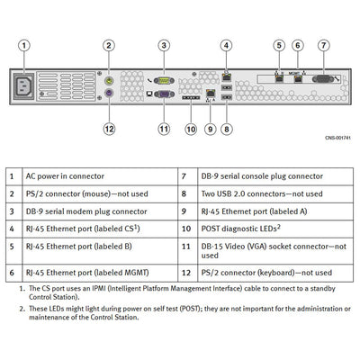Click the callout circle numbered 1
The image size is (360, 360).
[24, 46]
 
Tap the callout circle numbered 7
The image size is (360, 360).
[323, 45]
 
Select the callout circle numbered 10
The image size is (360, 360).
[191, 130]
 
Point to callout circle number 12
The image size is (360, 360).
[109, 129]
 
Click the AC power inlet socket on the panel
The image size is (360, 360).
[23, 86]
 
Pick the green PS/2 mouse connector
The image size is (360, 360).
[109, 81]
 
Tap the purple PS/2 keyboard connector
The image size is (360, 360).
[109, 93]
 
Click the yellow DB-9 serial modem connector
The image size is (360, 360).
[164, 80]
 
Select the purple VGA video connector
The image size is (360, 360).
[164, 94]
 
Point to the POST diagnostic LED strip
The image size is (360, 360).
[191, 98]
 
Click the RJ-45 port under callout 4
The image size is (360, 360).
[226, 76]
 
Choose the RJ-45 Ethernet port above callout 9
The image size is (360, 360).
[211, 93]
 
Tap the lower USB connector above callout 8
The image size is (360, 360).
[227, 97]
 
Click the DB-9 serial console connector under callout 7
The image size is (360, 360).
[323, 79]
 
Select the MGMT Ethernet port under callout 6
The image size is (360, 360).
[298, 79]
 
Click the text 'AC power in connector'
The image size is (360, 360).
[65, 176]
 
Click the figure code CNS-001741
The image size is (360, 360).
[337, 138]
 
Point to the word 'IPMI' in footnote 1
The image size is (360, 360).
[99, 289]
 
